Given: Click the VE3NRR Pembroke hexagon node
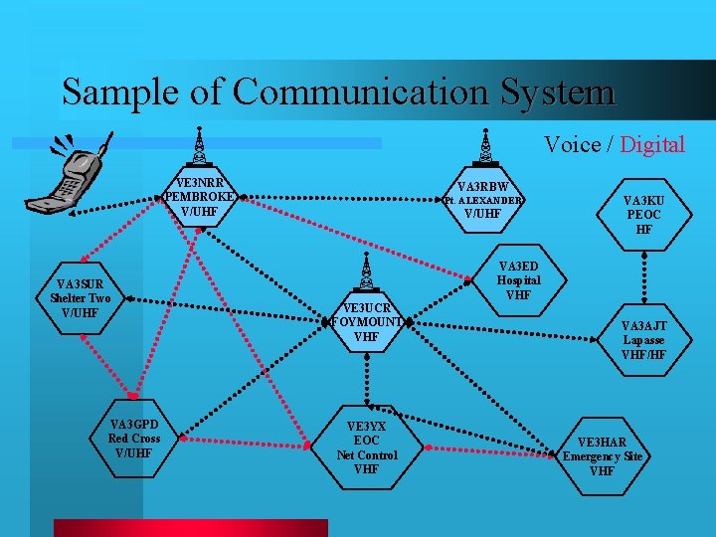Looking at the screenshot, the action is coord(200,197).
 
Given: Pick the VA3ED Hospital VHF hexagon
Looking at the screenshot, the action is coord(518,280).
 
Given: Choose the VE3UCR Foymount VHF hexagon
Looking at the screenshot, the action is coord(367,322).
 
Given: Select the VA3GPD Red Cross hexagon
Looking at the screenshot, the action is coord(134,439).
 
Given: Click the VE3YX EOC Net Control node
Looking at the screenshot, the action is coord(367,447).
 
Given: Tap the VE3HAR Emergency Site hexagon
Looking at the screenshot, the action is coord(602,456).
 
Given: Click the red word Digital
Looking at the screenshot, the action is coord(652,145).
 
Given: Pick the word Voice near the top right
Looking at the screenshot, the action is coord(572,145).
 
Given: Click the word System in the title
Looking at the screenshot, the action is coord(558,92).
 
